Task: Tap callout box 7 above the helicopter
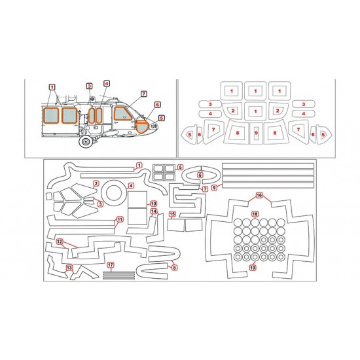click(x=144, y=94)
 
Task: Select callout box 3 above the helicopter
click(x=89, y=86)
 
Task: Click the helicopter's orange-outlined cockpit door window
click(x=122, y=113)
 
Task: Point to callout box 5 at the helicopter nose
click(x=162, y=118)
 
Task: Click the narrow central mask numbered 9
click(x=256, y=133)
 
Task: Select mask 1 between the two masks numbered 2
click(x=255, y=111)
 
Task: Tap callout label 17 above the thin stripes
click(x=111, y=265)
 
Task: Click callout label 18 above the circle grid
click(x=255, y=214)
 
